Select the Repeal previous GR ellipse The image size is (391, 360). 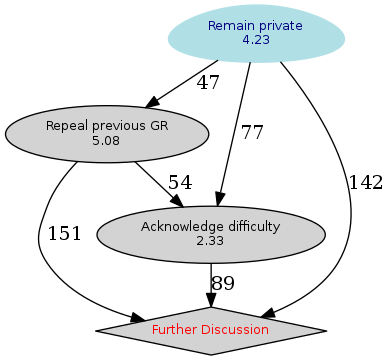tap(106, 133)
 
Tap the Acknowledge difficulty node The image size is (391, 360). tap(210, 233)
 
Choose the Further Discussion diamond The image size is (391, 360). tap(210, 329)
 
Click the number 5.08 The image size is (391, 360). tap(106, 141)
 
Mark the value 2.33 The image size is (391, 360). tap(210, 241)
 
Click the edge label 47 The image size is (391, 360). tap(208, 83)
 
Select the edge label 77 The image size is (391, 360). tap(252, 132)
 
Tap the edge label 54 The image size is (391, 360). tap(179, 182)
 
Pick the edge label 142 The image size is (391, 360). tap(366, 182)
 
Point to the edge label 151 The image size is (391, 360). tap(65, 234)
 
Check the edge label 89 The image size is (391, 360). tap(223, 284)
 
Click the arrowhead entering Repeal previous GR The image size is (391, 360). tap(153, 102)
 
